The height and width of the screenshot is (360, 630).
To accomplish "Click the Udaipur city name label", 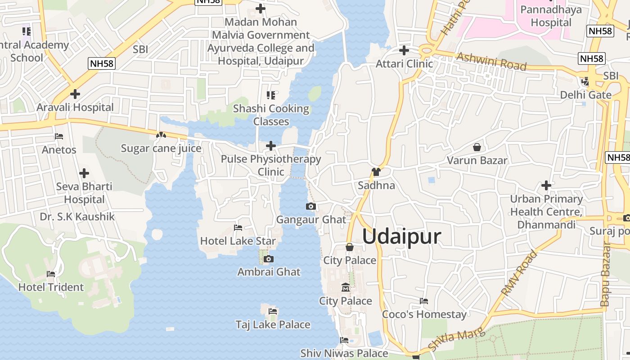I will pyautogui.click(x=401, y=236).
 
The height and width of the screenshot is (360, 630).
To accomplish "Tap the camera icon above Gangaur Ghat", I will pyautogui.click(x=310, y=207).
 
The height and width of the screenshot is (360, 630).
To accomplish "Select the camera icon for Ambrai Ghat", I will pyautogui.click(x=269, y=259).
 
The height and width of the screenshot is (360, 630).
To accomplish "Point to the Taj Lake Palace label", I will pyautogui.click(x=273, y=324).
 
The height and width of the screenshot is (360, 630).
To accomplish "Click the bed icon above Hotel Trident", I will pyautogui.click(x=51, y=274).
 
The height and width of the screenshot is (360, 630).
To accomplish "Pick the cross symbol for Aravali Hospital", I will pyautogui.click(x=75, y=94).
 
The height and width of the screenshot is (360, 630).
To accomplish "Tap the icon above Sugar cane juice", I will pyautogui.click(x=161, y=135).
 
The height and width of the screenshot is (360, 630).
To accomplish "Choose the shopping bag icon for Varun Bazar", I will pyautogui.click(x=477, y=147).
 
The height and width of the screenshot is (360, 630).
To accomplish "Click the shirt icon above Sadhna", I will pyautogui.click(x=376, y=172).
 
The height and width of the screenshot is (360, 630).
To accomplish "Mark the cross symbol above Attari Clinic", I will pyautogui.click(x=404, y=50).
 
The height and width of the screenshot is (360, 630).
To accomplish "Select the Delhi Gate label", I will pyautogui.click(x=585, y=95).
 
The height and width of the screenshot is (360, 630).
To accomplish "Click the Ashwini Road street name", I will pyautogui.click(x=491, y=62).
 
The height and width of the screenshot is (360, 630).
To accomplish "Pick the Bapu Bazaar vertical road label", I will pyautogui.click(x=606, y=274).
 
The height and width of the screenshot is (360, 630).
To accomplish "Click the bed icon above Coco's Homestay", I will pyautogui.click(x=424, y=301).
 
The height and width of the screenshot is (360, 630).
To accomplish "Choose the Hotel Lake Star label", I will pyautogui.click(x=238, y=241).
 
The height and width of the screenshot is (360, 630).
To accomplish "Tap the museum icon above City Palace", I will pyautogui.click(x=345, y=287).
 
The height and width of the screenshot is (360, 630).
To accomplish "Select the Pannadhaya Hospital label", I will pyautogui.click(x=551, y=16).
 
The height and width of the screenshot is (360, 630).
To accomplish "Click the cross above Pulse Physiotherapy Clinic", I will pyautogui.click(x=271, y=146).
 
